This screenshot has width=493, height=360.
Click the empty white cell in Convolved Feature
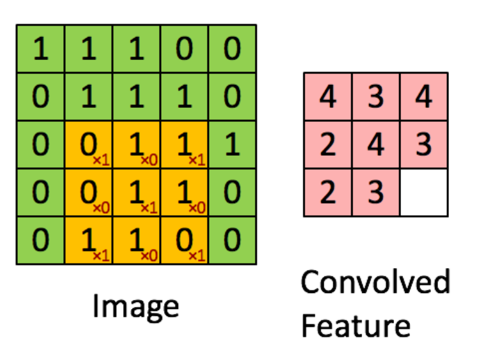423,192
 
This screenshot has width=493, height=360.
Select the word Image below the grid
135,306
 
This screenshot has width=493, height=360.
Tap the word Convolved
375,281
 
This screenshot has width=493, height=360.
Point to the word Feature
356,326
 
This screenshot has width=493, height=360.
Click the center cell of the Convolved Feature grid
375,144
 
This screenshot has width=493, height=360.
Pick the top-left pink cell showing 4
328,97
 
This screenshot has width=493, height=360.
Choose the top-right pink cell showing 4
423,97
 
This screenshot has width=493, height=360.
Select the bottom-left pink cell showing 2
328,192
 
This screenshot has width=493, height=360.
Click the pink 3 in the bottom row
375,192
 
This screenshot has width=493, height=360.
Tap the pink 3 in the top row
375,97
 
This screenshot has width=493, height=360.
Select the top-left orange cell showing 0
89,144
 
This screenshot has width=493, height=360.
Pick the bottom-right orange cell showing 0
185,240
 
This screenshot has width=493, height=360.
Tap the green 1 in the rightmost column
232,144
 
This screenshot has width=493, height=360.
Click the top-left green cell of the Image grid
40,49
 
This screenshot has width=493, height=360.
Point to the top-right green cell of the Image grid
232,49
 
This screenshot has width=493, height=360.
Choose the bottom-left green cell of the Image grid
40,240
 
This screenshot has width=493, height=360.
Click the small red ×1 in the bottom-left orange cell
101,255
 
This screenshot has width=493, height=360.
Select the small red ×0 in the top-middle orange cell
149,159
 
